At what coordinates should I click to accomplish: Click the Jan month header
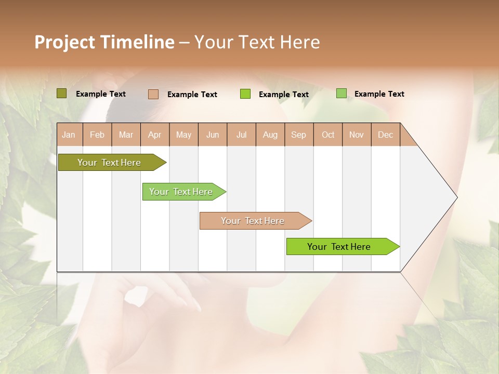69,135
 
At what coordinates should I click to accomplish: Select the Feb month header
97,135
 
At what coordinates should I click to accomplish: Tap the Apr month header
155,135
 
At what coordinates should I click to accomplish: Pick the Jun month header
213,135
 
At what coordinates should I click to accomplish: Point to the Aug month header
270,135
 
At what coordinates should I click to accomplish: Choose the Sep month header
298,135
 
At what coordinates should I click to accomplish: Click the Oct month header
328,135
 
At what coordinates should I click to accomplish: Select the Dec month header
385,135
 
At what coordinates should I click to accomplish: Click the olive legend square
61,94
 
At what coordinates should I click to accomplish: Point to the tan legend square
153,94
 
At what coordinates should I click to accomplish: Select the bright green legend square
245,94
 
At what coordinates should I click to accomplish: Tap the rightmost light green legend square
341,94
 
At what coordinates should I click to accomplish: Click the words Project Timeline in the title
104,42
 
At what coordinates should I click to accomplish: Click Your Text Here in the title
257,42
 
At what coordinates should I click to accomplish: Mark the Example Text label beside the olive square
101,94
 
